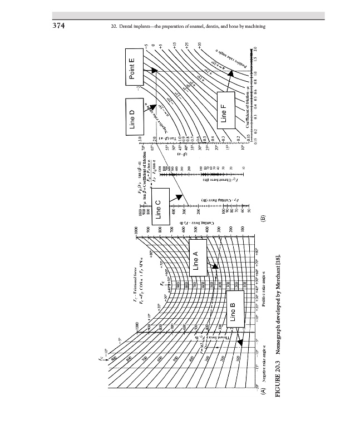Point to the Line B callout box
[x=233, y=312]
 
